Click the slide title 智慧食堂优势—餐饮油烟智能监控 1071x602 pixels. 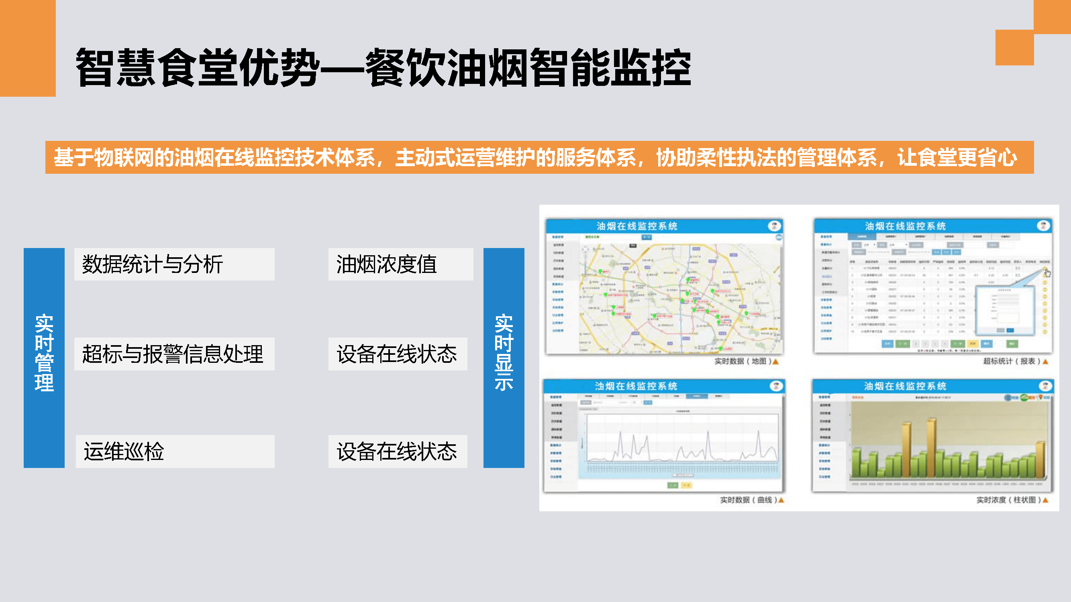pyautogui.click(x=382, y=67)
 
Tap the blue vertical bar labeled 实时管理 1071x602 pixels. pyautogui.click(x=44, y=358)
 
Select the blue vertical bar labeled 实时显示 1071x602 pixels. pyautogui.click(x=504, y=358)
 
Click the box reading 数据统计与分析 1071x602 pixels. pyautogui.click(x=174, y=264)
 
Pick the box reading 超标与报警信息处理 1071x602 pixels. pyautogui.click(x=174, y=354)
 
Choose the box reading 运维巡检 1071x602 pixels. pyautogui.click(x=175, y=451)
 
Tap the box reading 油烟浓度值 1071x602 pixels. pyautogui.click(x=400, y=264)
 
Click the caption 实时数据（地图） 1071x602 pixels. pyautogui.click(x=743, y=362)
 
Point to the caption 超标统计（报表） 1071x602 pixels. pyautogui.click(x=1011, y=362)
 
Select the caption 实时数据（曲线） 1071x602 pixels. pyautogui.click(x=748, y=500)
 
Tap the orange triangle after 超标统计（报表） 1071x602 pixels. pyautogui.click(x=1045, y=362)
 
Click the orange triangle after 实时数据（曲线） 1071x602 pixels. pyautogui.click(x=781, y=500)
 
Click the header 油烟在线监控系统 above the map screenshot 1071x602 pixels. pyautogui.click(x=637, y=226)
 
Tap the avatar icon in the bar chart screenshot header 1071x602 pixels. pyautogui.click(x=1045, y=386)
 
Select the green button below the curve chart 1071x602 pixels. pyautogui.click(x=673, y=485)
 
